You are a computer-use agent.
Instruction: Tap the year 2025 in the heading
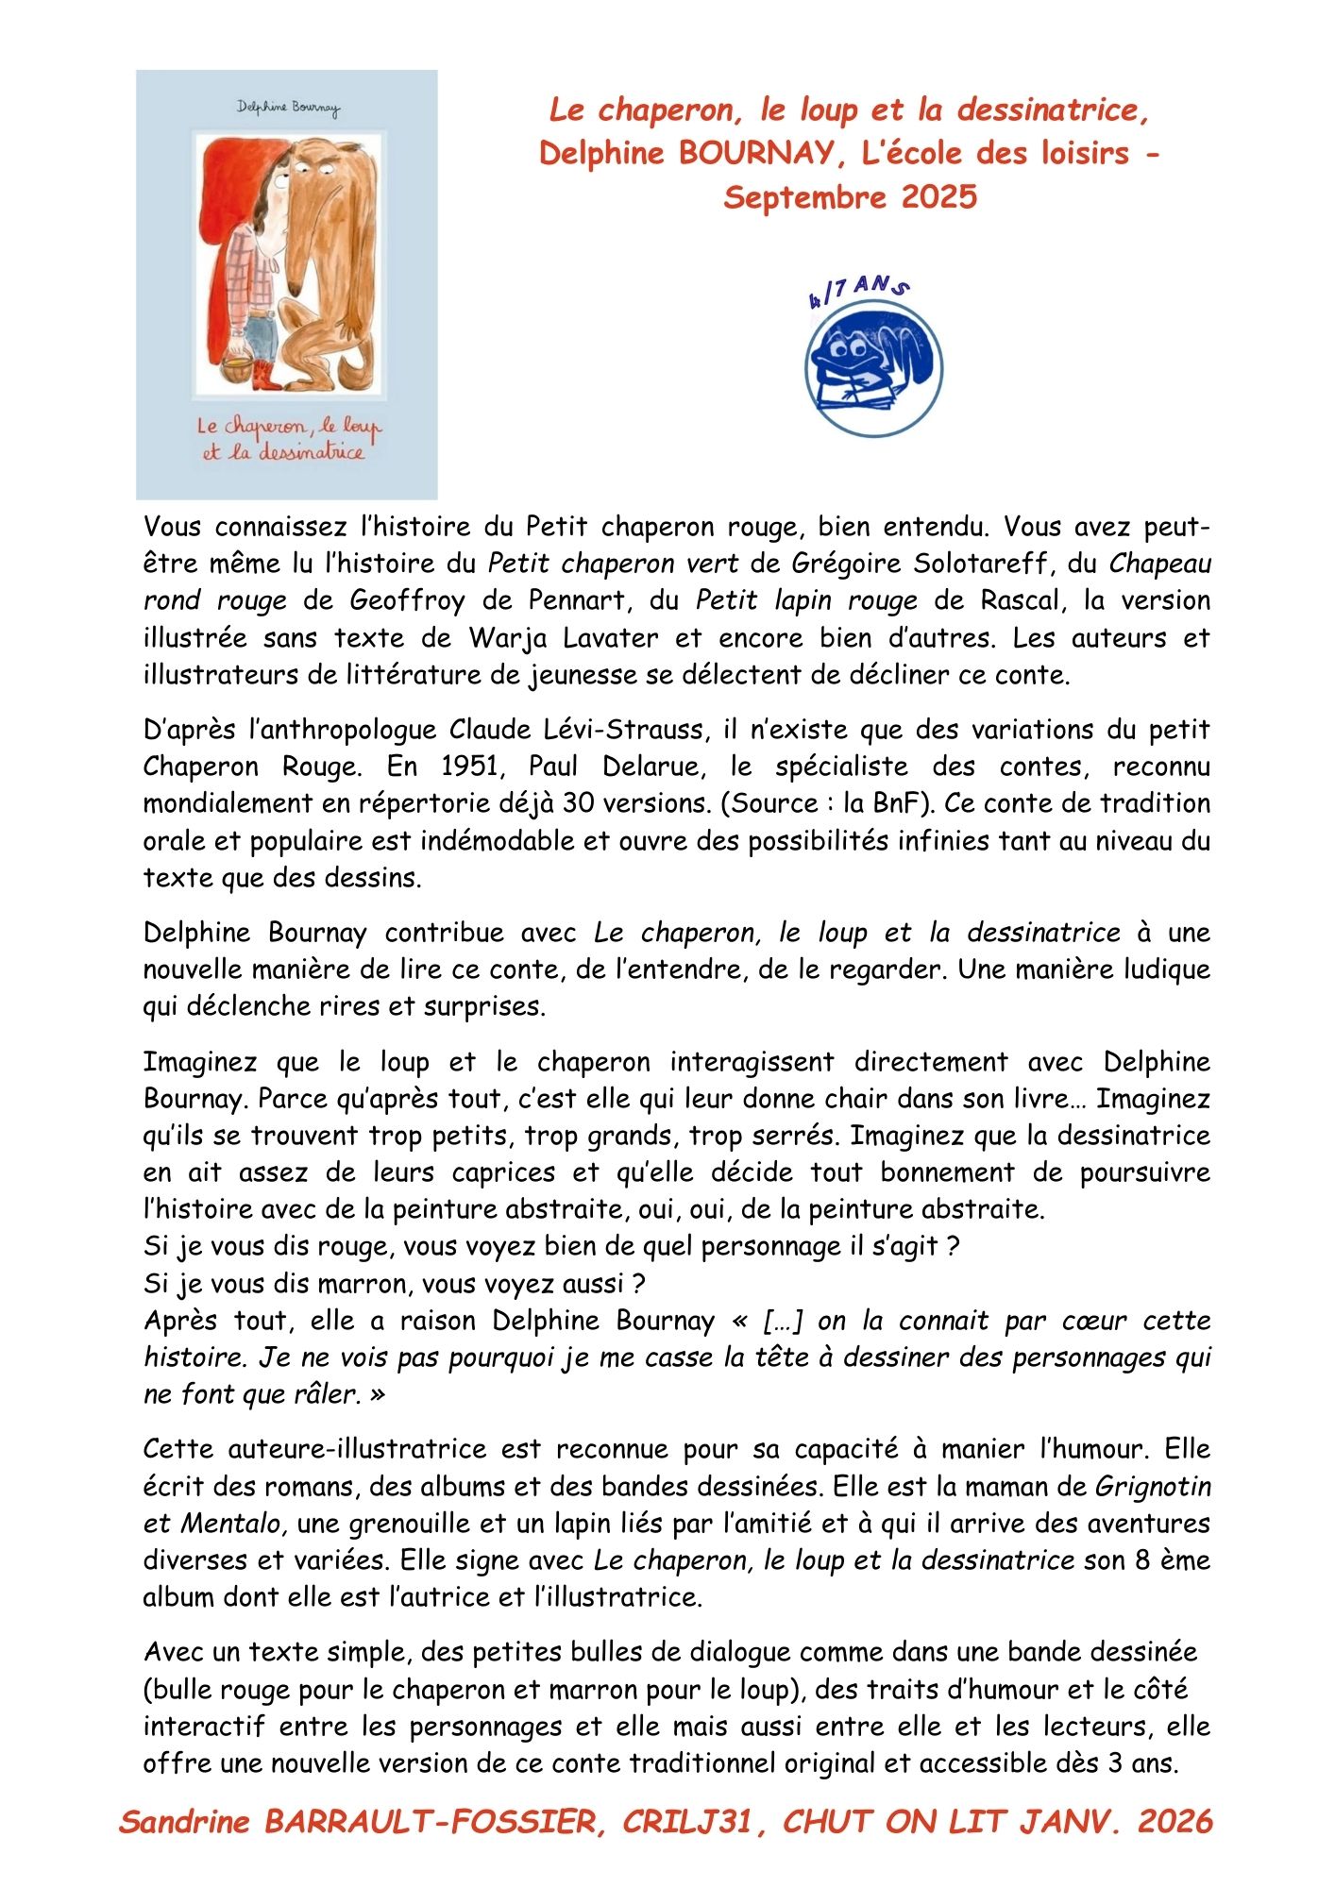coord(939,197)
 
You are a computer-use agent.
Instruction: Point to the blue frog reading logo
coord(874,367)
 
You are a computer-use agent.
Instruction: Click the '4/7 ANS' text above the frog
coord(858,293)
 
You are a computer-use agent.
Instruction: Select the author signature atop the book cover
coord(288,108)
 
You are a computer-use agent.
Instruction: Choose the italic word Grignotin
coord(1153,1487)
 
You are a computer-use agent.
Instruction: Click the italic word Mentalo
coord(231,1524)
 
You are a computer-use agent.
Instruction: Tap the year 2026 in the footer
coord(1174,1821)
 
